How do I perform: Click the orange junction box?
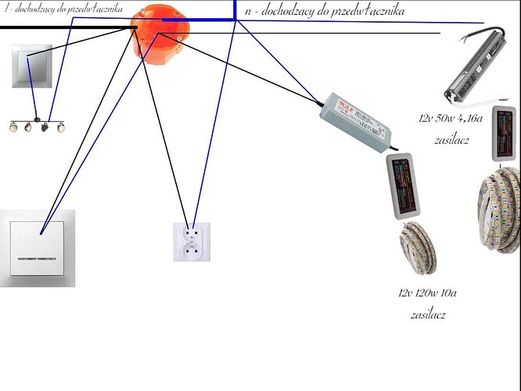pos(160,31)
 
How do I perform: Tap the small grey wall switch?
pos(31,66)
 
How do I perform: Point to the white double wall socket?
pos(192,241)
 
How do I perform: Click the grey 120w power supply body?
pos(356,120)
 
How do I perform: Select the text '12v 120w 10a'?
pos(427,294)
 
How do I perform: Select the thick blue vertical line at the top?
pos(235,9)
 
